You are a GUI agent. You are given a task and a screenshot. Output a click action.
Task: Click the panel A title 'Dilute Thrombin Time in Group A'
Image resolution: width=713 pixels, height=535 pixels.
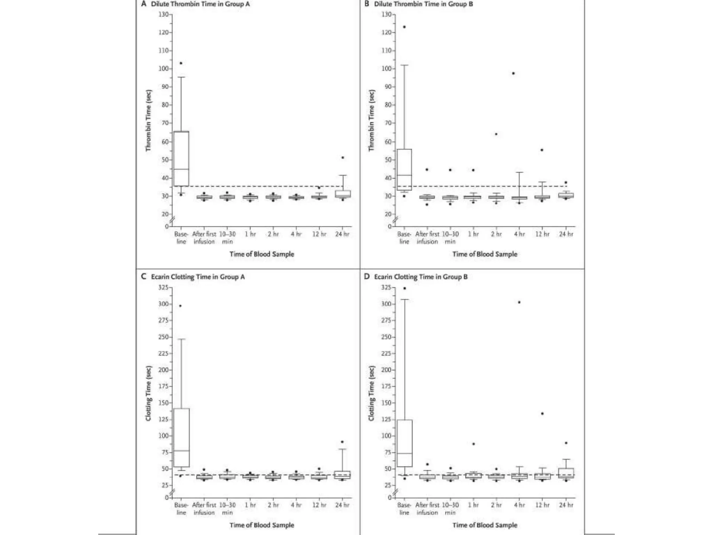(x=200, y=4)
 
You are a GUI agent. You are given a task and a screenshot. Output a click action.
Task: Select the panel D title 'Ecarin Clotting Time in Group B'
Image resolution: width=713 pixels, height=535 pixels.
(x=421, y=277)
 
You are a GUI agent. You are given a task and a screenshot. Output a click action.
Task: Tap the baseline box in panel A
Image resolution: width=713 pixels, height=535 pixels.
(x=181, y=158)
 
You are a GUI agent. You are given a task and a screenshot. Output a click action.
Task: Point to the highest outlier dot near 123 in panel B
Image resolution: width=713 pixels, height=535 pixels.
(x=404, y=27)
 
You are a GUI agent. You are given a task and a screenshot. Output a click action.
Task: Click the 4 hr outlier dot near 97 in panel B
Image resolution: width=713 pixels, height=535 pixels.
(x=513, y=73)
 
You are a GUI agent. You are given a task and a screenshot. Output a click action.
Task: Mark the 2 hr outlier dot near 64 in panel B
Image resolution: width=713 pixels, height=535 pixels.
(x=496, y=134)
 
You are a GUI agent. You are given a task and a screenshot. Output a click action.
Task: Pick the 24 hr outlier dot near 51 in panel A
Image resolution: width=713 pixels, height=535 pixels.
(x=343, y=158)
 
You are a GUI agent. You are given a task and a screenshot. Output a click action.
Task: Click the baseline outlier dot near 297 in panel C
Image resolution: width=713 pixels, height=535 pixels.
(x=180, y=306)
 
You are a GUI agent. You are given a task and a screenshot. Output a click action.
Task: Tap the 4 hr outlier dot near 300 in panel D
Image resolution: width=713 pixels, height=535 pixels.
(x=519, y=302)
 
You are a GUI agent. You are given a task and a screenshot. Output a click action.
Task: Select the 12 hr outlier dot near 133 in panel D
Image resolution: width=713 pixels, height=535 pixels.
(x=542, y=413)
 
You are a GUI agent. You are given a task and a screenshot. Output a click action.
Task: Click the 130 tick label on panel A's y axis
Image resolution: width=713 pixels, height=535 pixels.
(x=163, y=14)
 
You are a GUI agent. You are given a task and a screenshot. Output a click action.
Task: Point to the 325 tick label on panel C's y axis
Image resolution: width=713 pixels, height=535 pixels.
(x=163, y=287)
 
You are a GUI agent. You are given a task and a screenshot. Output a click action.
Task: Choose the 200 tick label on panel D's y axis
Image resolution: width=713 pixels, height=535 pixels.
(x=386, y=370)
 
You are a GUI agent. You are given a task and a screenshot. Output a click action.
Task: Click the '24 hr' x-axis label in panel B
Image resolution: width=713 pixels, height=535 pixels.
(x=566, y=234)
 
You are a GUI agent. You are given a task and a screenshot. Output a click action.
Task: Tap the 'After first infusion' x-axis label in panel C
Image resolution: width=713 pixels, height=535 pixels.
(x=204, y=509)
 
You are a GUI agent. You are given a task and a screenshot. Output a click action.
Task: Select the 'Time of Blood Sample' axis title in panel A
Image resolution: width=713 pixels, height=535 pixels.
(x=262, y=254)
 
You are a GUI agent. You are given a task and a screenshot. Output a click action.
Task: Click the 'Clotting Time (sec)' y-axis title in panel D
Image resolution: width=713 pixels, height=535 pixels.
(x=372, y=393)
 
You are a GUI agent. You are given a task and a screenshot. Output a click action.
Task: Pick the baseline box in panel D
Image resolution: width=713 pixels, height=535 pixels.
(x=405, y=443)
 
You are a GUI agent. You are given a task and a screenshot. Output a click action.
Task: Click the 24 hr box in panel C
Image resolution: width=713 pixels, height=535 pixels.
(x=343, y=475)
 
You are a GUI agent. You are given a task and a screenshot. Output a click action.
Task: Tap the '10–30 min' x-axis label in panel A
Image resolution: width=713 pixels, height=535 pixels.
(x=227, y=238)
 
